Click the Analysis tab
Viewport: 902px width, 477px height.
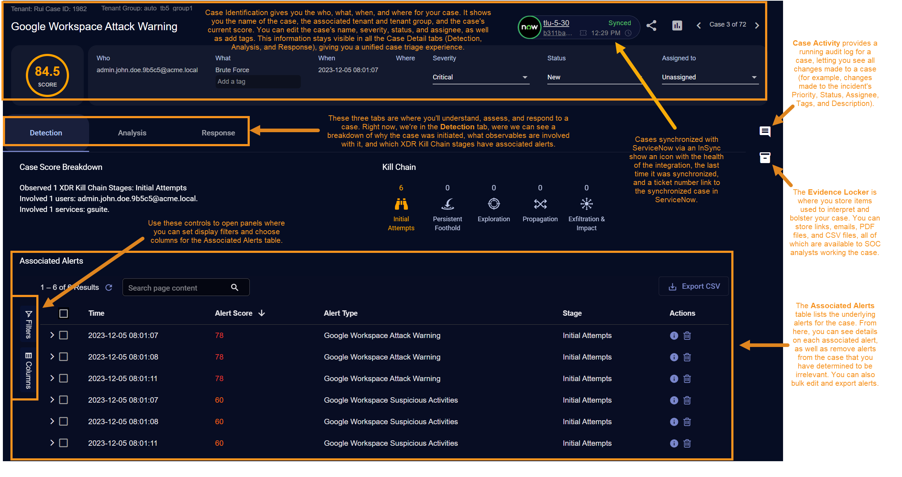pyautogui.click(x=132, y=133)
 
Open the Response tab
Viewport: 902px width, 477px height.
pyautogui.click(x=218, y=133)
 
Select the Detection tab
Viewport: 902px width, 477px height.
pyautogui.click(x=46, y=133)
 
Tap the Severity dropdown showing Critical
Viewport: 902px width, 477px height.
pyautogui.click(x=481, y=77)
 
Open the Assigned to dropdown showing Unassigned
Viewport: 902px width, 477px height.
pyautogui.click(x=710, y=77)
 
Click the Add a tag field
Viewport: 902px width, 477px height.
pyautogui.click(x=258, y=82)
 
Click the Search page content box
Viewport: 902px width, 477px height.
pyautogui.click(x=186, y=287)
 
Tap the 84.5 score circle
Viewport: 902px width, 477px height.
pyautogui.click(x=47, y=75)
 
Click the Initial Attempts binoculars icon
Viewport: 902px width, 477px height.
pyautogui.click(x=401, y=204)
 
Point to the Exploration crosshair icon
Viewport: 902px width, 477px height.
pyautogui.click(x=494, y=204)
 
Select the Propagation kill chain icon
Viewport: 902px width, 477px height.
pyautogui.click(x=540, y=204)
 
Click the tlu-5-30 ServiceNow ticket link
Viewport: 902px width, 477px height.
pyautogui.click(x=556, y=23)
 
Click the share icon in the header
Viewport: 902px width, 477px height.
pyautogui.click(x=652, y=26)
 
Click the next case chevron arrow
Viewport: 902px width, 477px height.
pyautogui.click(x=757, y=26)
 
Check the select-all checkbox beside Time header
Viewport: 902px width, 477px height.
pyautogui.click(x=64, y=314)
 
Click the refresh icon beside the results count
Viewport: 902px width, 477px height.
pyautogui.click(x=109, y=287)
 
